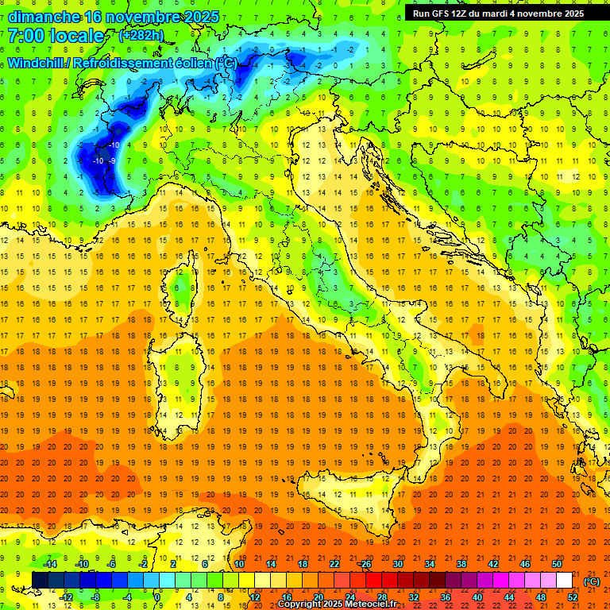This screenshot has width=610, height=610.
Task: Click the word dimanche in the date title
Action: pyautogui.click(x=44, y=17)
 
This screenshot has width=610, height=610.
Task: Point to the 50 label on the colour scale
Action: pyautogui.click(x=557, y=563)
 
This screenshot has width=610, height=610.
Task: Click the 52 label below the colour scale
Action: pyautogui.click(x=572, y=597)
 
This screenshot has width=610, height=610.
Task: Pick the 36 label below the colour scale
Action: pyautogui.click(x=446, y=597)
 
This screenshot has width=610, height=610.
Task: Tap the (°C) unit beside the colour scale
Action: pyautogui.click(x=591, y=581)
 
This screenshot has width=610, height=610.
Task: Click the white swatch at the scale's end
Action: pyautogui.click(x=564, y=581)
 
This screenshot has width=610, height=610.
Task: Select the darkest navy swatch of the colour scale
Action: pyautogui.click(x=40, y=581)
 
